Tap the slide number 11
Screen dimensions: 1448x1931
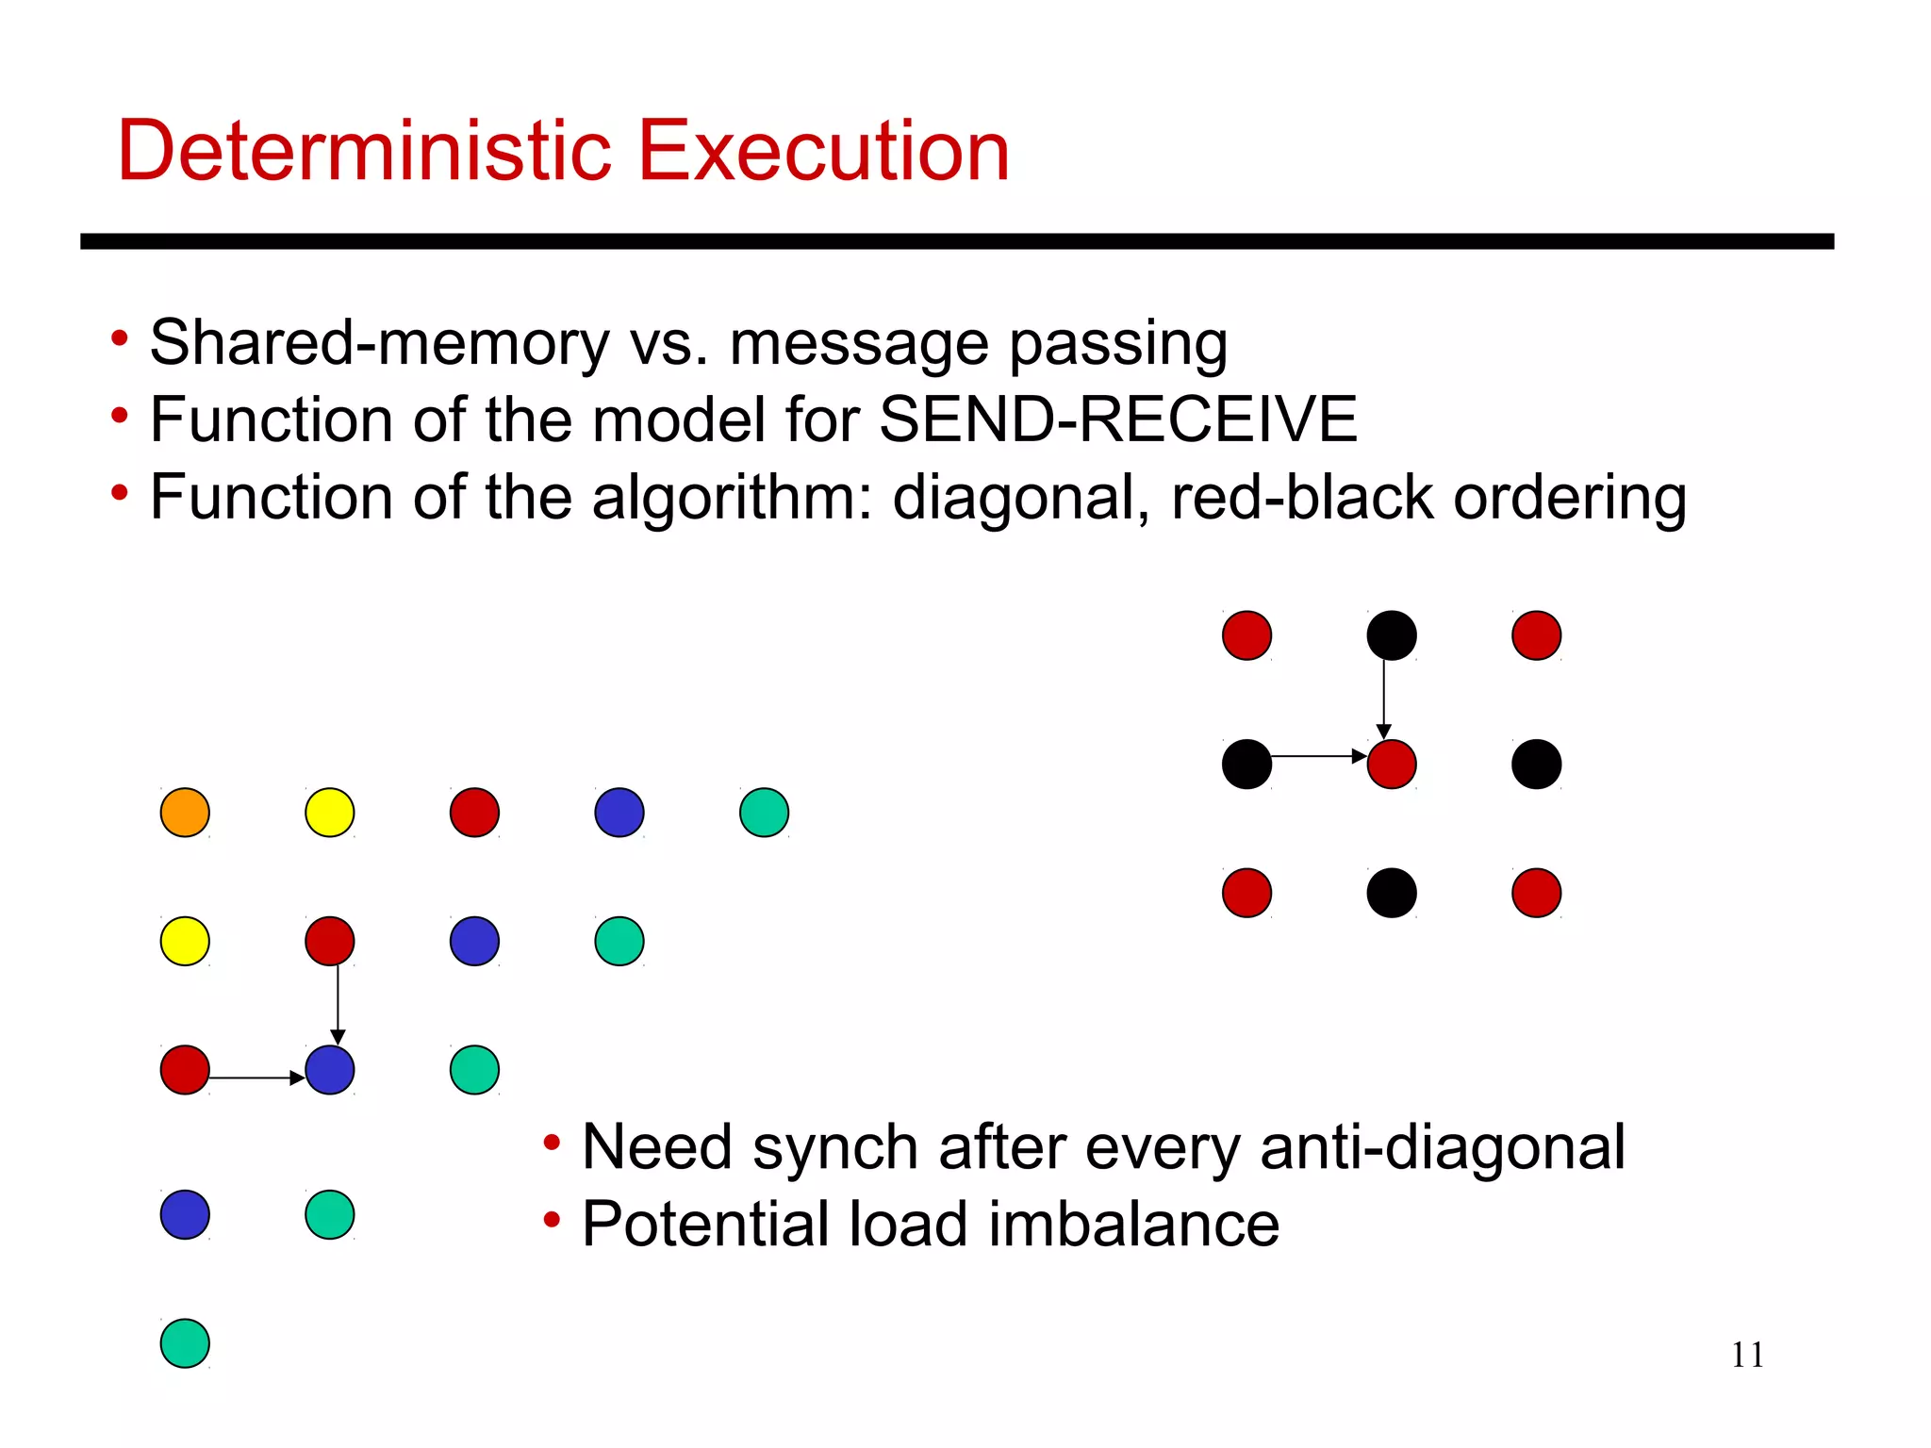click(x=1747, y=1355)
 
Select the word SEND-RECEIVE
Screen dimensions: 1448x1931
click(x=1117, y=420)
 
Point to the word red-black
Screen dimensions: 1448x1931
click(x=1301, y=497)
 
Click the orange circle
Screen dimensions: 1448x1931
click(x=185, y=813)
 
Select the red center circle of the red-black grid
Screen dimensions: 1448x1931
click(x=1392, y=764)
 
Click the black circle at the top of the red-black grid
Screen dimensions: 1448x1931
click(x=1392, y=635)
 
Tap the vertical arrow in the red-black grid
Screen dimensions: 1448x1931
click(x=1384, y=698)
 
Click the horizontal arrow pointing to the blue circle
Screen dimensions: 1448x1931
click(x=255, y=1077)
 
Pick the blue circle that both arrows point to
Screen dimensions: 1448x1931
click(x=330, y=1070)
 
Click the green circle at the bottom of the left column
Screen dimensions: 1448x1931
click(x=185, y=1343)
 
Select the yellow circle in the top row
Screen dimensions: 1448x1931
click(x=330, y=813)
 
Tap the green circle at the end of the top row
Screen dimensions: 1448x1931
click(x=764, y=813)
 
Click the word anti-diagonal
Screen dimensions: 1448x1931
click(x=1442, y=1147)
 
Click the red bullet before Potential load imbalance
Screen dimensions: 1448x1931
click(x=553, y=1221)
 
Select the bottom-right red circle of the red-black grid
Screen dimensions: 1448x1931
click(x=1537, y=893)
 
